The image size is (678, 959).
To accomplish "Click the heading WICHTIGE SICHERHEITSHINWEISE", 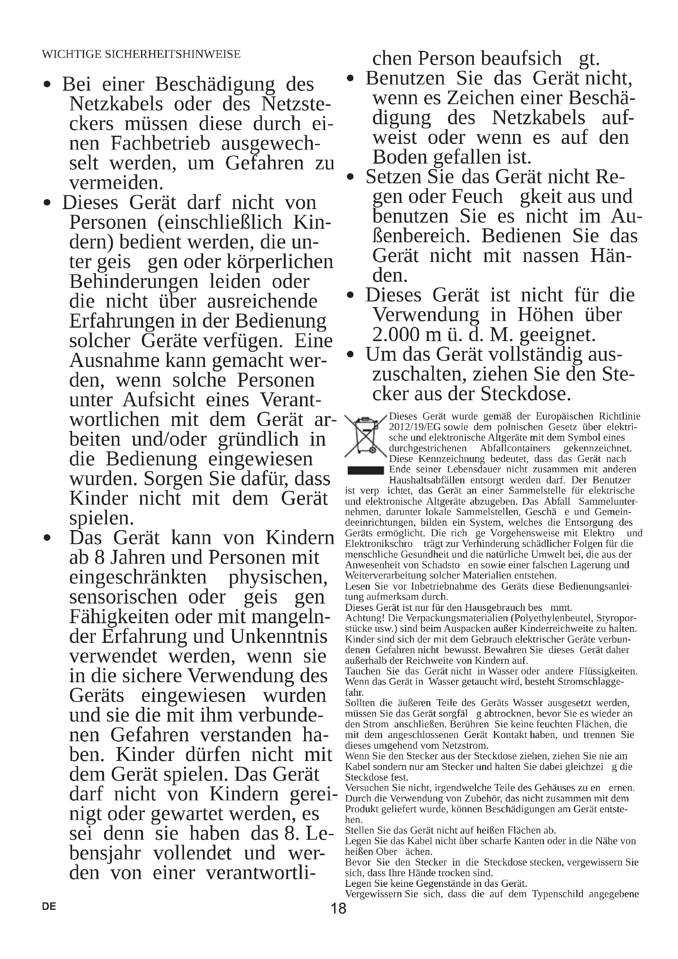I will pos(141,54).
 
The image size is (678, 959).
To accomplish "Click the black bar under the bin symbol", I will pos(366,470).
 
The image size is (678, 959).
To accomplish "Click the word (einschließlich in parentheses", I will pos(220,222).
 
